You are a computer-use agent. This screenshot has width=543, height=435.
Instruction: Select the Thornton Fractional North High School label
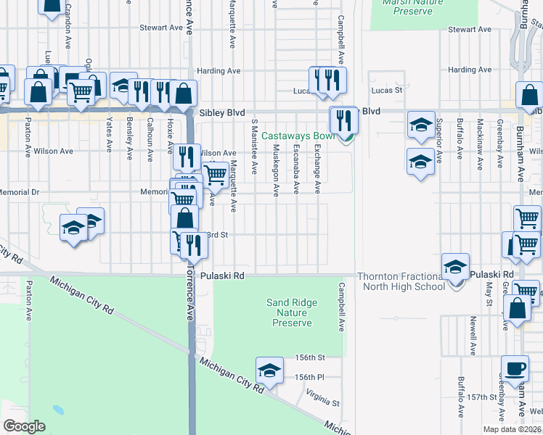(401, 281)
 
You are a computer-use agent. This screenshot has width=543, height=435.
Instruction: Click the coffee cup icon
(515, 368)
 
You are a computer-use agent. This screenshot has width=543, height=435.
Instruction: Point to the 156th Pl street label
(309, 377)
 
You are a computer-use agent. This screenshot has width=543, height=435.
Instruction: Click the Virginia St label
(323, 397)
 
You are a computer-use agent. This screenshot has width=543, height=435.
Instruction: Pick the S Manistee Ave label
(254, 146)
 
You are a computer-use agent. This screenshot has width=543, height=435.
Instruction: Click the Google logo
(24, 426)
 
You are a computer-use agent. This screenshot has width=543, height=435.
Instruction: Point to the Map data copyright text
(512, 429)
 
